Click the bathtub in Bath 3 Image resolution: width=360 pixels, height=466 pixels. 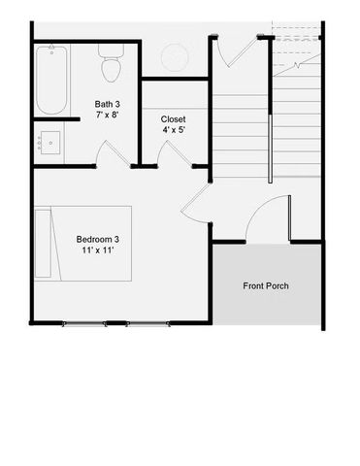[x=51, y=80]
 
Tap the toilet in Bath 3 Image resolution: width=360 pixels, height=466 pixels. [x=110, y=66]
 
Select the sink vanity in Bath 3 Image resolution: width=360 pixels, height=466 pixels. [x=49, y=143]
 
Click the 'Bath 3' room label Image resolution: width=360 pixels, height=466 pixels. [x=108, y=104]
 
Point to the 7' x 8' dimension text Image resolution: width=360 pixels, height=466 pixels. [x=108, y=116]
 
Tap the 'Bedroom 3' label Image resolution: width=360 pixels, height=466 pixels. [x=100, y=239]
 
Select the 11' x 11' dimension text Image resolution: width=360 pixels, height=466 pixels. [x=100, y=250]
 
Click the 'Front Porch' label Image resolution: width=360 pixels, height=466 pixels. [x=266, y=285]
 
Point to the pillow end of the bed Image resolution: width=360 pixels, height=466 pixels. [x=43, y=242]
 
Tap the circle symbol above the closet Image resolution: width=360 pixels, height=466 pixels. [x=175, y=56]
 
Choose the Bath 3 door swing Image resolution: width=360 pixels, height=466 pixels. [x=111, y=154]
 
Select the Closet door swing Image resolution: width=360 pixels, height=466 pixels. [x=172, y=154]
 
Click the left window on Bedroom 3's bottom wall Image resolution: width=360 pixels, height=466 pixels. [x=84, y=322]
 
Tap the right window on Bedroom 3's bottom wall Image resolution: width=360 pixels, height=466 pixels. [x=148, y=322]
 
